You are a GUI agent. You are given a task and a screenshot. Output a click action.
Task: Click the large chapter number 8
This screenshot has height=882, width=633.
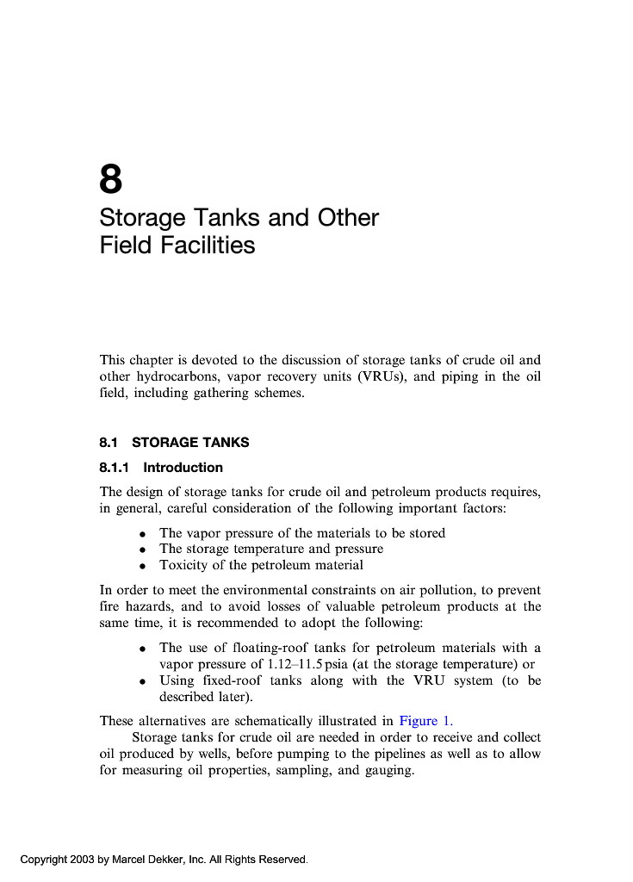click(x=111, y=180)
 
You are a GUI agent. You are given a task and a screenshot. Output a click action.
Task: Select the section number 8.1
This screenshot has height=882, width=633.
click(x=109, y=443)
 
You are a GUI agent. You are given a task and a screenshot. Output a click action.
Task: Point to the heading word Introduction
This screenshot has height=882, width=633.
click(x=183, y=468)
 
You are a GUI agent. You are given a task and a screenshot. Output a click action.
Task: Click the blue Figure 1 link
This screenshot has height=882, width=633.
click(x=426, y=721)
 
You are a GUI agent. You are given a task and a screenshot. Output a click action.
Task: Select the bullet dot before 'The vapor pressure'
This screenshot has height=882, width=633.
click(x=142, y=534)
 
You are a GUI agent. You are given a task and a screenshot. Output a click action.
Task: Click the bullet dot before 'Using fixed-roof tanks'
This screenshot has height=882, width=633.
click(x=142, y=681)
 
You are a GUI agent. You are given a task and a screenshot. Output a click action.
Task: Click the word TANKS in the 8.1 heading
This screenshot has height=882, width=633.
click(x=227, y=443)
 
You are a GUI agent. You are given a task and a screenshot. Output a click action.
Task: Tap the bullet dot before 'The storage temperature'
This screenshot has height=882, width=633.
click(x=142, y=550)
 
